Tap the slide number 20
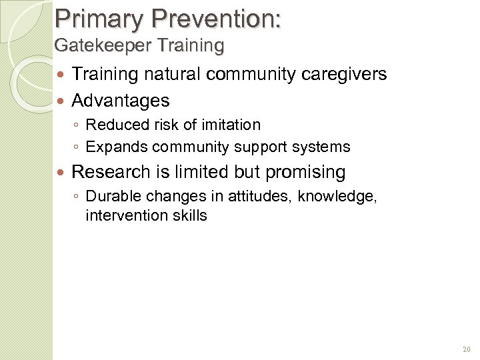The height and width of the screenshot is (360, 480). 465,349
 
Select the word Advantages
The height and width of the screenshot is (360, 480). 121,101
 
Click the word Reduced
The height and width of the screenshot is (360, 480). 113,125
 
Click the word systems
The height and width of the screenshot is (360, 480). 325,147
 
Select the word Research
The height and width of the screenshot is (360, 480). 111,172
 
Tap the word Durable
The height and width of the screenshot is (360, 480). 112,196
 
